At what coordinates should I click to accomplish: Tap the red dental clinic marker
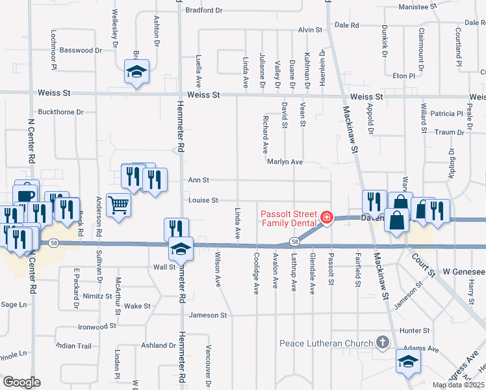tap(327, 218)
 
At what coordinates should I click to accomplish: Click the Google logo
tap(21, 382)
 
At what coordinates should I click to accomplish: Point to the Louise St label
tap(203, 200)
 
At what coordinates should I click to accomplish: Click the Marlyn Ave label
tap(285, 162)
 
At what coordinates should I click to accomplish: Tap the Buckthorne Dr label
tap(61, 112)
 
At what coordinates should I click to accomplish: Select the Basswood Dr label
tap(81, 50)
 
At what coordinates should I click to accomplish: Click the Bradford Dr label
tap(204, 10)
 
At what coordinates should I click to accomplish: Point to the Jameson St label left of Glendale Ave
tap(208, 315)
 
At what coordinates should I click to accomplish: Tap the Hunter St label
tap(411, 330)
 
